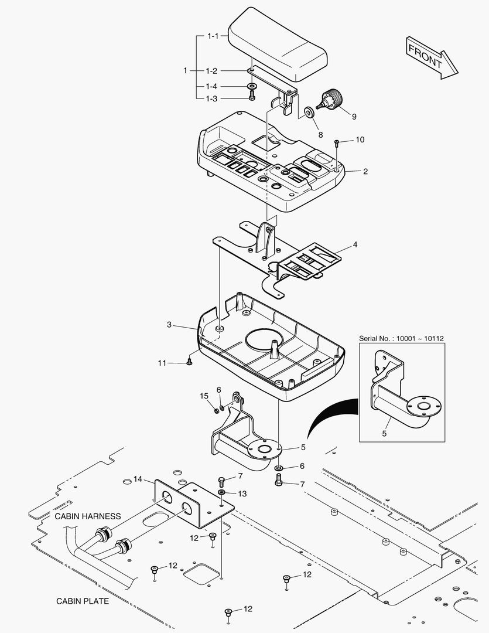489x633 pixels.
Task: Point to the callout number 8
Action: (320, 134)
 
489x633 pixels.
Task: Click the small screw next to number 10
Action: (337, 142)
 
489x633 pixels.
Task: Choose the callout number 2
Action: (365, 172)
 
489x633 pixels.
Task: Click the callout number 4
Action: (354, 244)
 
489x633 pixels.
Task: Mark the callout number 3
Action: (169, 324)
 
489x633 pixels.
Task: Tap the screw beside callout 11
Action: (190, 363)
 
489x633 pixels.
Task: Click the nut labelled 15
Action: (215, 409)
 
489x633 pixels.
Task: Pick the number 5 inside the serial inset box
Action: (384, 434)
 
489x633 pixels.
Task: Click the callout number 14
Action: (138, 479)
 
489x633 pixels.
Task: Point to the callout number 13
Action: (242, 494)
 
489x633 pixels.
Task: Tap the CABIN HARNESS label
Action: (88, 516)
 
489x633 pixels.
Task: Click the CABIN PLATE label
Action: (83, 601)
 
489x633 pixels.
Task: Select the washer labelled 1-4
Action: (252, 87)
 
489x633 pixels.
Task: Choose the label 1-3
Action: (211, 98)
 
